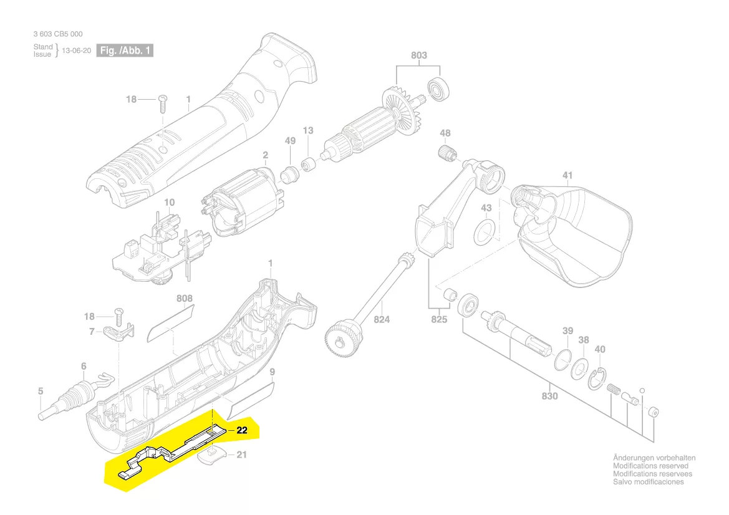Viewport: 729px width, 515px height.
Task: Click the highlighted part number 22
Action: (242, 430)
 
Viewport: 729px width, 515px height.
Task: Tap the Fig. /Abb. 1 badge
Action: (125, 51)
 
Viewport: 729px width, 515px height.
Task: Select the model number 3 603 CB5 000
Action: (58, 34)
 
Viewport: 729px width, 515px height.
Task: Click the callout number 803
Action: (419, 55)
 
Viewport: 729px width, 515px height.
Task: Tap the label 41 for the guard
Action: (567, 176)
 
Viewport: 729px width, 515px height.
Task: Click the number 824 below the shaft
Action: (382, 320)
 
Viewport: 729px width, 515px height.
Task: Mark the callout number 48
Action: (445, 133)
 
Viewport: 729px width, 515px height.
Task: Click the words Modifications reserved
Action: (650, 466)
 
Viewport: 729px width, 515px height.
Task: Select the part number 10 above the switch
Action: (169, 203)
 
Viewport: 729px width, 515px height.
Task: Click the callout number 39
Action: (567, 330)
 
